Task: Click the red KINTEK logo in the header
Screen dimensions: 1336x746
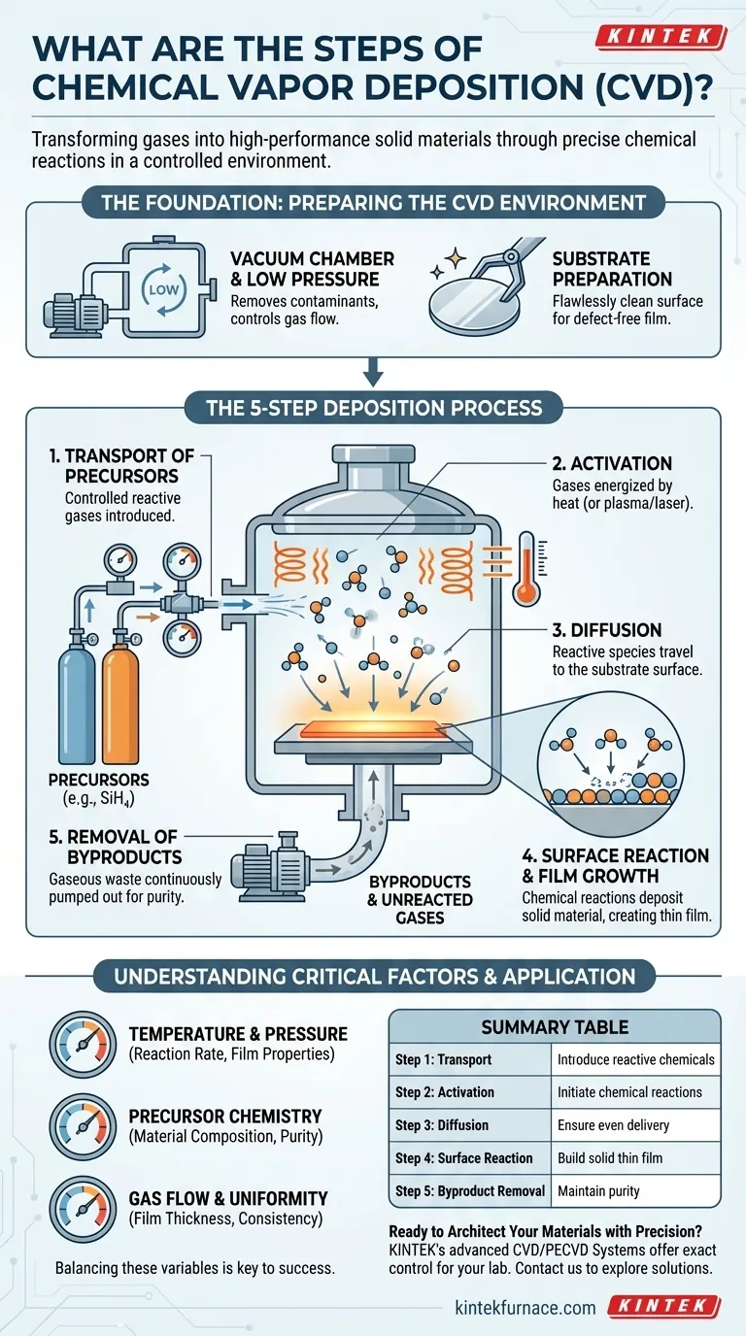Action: (660, 37)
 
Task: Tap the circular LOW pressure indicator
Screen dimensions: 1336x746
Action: (160, 290)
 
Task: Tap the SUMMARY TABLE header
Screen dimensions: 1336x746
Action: (554, 1026)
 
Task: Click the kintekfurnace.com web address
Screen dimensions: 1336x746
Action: (525, 1307)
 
